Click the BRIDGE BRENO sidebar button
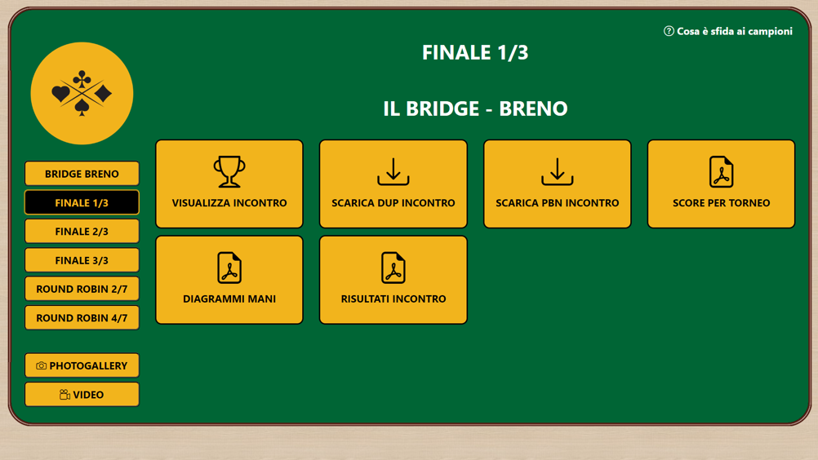pos(82,174)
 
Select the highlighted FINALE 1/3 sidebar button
pos(82,202)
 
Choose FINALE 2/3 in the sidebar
pos(82,232)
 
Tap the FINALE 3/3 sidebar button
pos(82,260)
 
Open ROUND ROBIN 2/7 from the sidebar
pos(82,289)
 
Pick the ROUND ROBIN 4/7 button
pos(82,318)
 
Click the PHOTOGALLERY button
pos(82,365)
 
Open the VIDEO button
pos(82,395)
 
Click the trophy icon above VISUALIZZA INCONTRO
pos(229,171)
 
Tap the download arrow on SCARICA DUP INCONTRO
pos(393,171)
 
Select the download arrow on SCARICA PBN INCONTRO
pos(557,171)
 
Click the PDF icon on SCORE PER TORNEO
pos(721,171)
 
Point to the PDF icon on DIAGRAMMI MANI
pos(229,268)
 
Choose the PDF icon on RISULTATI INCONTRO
pos(393,268)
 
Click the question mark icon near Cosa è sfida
pos(669,31)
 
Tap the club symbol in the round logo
pos(82,79)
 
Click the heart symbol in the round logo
pos(60,94)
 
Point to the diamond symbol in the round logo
pos(104,94)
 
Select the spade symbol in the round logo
pos(82,108)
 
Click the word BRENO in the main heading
pos(533,108)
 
